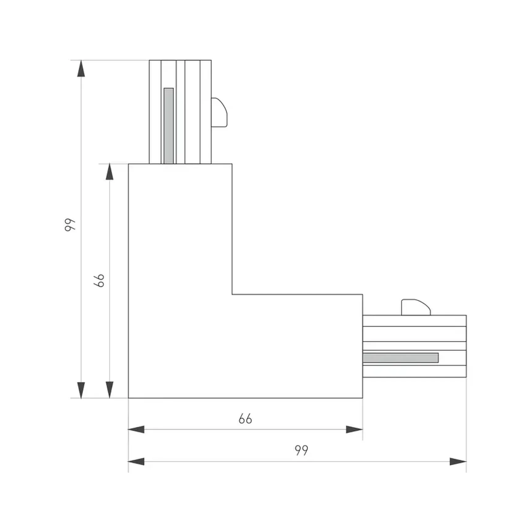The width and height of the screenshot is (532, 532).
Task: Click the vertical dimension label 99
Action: pos(70,225)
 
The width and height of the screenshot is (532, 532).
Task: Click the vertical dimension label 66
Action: pos(99,281)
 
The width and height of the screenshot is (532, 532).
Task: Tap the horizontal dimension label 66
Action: pos(245,419)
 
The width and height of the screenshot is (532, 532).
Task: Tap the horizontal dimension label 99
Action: pos(301,450)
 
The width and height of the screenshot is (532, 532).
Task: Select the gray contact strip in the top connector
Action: pos(169,126)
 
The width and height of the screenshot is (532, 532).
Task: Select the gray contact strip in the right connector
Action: pos(401,358)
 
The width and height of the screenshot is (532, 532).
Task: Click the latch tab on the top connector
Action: pos(219,113)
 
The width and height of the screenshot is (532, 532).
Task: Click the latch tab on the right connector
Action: pos(415,307)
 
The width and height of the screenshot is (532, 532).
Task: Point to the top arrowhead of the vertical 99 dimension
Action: pos(81,68)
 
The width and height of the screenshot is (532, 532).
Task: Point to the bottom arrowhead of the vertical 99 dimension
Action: pos(81,390)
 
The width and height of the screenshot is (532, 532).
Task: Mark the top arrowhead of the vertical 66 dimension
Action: pos(109,172)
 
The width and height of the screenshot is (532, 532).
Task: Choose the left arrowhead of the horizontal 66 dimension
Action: pos(136,429)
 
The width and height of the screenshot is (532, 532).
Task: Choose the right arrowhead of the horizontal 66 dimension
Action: pos(354,429)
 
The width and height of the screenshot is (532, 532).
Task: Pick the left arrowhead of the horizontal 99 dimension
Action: pos(136,462)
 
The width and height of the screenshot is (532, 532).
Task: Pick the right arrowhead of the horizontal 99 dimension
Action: pos(458,462)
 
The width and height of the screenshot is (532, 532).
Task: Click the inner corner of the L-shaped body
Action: pos(232,294)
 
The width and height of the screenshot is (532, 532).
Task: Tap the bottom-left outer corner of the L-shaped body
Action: pos(129,398)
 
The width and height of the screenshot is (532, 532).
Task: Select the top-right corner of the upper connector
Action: pos(211,60)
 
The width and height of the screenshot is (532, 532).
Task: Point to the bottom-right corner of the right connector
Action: pos(466,377)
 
